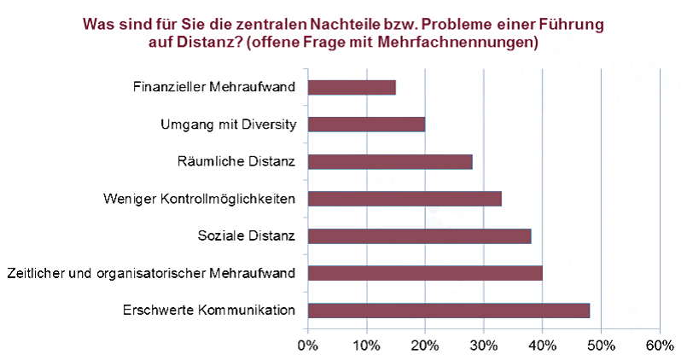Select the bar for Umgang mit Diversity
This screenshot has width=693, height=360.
point(366,125)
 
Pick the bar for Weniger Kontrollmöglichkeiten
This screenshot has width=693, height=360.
point(405,199)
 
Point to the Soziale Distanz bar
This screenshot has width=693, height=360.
point(419,236)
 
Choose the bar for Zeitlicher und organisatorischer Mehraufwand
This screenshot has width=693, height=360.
point(425,273)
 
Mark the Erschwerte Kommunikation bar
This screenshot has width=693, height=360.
point(449,311)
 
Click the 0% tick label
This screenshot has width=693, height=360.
point(307,345)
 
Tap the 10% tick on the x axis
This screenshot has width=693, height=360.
point(366,345)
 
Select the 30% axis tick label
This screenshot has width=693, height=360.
point(484,345)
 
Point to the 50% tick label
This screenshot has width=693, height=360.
point(601,345)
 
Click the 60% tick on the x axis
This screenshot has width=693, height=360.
point(660,345)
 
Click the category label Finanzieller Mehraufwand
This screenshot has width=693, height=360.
point(215,87)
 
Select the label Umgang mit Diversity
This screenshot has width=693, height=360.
point(228,125)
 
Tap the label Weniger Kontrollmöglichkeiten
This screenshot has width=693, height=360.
point(199,200)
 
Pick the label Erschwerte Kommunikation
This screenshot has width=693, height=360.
point(209,311)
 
